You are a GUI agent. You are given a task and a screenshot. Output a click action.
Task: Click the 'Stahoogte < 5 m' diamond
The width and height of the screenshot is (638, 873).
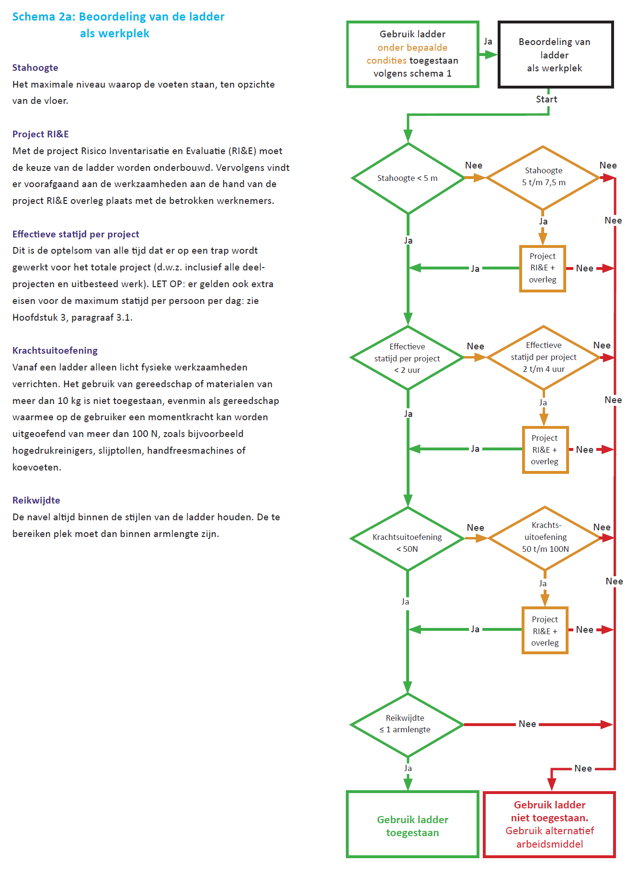point(408,178)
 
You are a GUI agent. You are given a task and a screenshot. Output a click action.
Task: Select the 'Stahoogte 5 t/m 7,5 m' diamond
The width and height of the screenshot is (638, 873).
point(543,177)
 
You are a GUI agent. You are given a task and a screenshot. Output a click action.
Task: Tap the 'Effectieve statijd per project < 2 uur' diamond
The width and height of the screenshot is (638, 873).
point(407,358)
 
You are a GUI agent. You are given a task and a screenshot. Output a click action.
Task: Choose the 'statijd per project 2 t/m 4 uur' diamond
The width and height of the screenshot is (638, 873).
point(544,357)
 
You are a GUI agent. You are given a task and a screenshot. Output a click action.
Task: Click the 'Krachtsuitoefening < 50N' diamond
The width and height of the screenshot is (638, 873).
point(407,539)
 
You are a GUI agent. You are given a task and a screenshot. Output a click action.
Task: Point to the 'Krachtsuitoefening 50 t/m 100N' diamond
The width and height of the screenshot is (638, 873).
point(545,537)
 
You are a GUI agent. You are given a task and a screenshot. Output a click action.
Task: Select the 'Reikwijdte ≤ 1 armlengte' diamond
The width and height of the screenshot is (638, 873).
point(407,725)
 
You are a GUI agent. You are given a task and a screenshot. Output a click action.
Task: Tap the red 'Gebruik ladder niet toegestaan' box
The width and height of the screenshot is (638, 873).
point(549,824)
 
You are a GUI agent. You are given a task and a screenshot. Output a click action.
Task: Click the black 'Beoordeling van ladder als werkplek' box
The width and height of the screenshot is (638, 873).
point(555,55)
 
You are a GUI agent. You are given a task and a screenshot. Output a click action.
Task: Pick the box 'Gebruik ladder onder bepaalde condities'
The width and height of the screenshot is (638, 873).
point(412,54)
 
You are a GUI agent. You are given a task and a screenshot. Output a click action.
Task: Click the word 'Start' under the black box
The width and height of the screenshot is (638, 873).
point(547,100)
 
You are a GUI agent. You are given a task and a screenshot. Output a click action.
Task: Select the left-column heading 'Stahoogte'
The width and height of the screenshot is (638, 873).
point(35,67)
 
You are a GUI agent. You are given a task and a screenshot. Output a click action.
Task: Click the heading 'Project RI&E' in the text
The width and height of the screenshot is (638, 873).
point(41,134)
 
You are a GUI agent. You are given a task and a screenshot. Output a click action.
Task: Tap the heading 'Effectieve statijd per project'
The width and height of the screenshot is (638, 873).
point(76,234)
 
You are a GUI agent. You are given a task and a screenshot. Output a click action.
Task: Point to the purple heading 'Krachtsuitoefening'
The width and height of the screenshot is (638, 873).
point(55,350)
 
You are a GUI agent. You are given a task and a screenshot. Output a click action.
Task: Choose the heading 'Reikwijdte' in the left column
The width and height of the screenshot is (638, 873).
point(36,500)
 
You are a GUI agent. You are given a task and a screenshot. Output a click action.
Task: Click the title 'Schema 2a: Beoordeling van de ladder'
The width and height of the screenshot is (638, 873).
point(118,17)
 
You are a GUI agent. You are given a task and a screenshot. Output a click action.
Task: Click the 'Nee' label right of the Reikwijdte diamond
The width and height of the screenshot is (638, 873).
point(527,724)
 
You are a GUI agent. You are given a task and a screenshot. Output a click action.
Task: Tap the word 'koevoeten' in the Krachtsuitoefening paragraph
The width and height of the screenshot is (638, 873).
point(36,467)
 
